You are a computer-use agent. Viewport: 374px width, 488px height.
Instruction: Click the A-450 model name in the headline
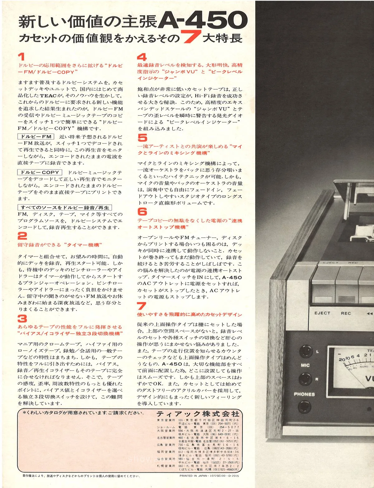203,20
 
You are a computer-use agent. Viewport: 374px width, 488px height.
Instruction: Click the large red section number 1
21,57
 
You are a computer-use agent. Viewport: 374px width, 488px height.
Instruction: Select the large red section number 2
22,236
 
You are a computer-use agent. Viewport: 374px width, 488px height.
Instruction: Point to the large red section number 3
22,318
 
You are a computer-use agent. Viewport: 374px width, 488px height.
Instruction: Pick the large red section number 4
142,57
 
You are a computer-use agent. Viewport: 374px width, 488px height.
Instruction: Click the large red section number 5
142,138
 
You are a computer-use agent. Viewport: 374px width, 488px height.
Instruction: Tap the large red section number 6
142,212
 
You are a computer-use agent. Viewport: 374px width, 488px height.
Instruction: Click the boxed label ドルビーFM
36,136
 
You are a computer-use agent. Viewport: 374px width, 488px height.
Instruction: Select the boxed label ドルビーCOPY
40,172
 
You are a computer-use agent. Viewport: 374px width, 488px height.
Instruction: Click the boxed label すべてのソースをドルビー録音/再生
65,207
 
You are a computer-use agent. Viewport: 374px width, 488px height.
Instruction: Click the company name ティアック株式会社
198,414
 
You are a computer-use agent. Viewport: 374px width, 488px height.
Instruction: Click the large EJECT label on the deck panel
322,313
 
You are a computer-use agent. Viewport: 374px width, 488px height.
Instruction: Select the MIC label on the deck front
305,365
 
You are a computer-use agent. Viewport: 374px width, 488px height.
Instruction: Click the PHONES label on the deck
304,394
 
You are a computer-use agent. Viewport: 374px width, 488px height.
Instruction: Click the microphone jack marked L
305,351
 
